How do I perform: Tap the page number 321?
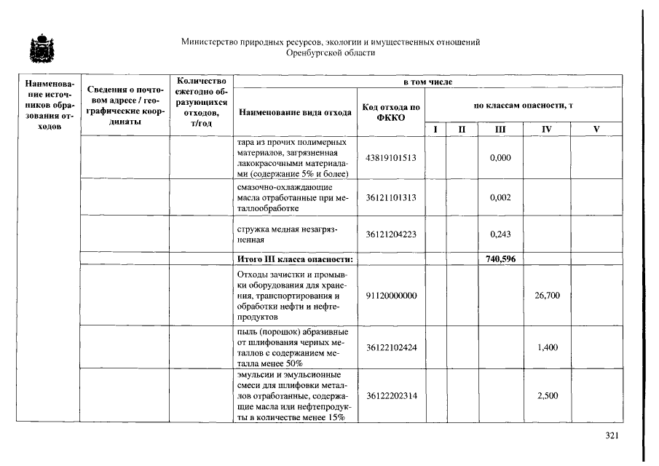(612, 435)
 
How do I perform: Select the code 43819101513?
(391, 158)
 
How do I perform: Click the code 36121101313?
(391, 198)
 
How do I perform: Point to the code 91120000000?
(391, 296)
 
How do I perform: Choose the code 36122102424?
(391, 347)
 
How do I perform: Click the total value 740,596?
(500, 258)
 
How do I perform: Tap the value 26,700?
(547, 296)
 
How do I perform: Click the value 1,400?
(547, 347)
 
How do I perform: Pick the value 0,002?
(500, 198)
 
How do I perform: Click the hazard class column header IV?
(547, 129)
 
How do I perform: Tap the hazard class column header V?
(596, 129)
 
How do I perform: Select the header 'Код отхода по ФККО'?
(391, 113)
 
